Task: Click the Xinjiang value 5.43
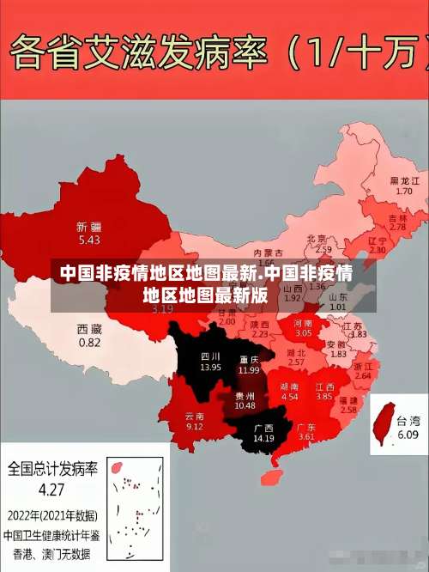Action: (x=89, y=240)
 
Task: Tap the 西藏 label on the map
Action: (x=89, y=328)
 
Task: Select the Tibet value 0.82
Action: (x=89, y=342)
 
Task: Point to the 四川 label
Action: (x=210, y=356)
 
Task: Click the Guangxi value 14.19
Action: (x=263, y=439)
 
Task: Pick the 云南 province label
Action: (x=195, y=416)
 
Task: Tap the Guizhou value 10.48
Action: (x=245, y=405)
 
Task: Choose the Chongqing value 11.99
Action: (x=249, y=370)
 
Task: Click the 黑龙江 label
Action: (x=404, y=181)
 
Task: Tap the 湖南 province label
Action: (x=289, y=387)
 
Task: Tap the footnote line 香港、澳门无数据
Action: (x=51, y=552)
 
